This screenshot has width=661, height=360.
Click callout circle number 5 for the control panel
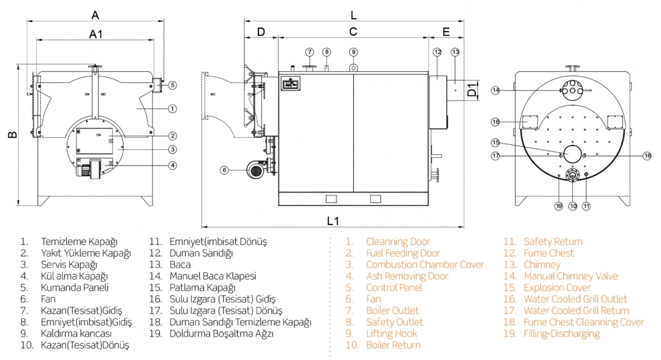pyautogui.click(x=172, y=85)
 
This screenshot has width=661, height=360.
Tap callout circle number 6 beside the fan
pyautogui.click(x=224, y=171)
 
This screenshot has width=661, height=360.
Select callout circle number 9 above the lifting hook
pyautogui.click(x=354, y=52)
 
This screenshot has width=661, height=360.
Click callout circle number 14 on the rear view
pyautogui.click(x=496, y=90)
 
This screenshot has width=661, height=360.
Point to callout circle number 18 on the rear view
pyautogui.click(x=496, y=121)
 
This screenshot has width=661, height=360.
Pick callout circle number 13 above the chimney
pyautogui.click(x=455, y=52)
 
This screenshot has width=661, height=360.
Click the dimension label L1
pyautogui.click(x=333, y=221)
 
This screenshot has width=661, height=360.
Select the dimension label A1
pyautogui.click(x=96, y=34)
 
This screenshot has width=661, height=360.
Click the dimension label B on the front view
pyautogui.click(x=12, y=134)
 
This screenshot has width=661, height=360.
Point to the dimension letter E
pyautogui.click(x=446, y=31)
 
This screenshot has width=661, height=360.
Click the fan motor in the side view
pyautogui.click(x=255, y=170)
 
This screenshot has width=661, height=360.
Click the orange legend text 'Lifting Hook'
pyautogui.click(x=391, y=334)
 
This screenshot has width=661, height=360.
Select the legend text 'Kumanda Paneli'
pyautogui.click(x=74, y=287)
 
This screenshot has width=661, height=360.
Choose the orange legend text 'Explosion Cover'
pyautogui.click(x=556, y=287)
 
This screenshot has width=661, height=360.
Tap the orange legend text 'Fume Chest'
pyautogui.click(x=548, y=253)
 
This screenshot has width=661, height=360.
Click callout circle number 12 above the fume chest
pyautogui.click(x=437, y=52)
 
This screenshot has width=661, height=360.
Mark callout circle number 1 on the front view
pyautogui.click(x=172, y=108)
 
